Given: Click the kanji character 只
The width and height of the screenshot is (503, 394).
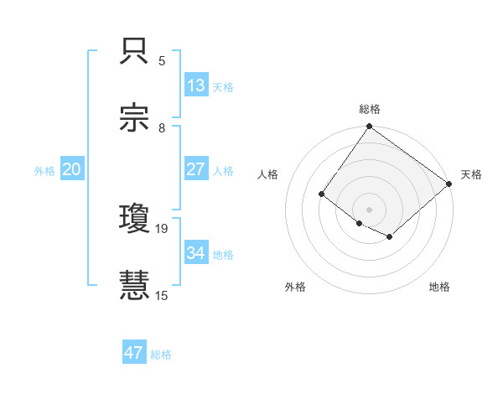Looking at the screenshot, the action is (135, 52).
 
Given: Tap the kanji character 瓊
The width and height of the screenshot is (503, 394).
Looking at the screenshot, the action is (135, 220).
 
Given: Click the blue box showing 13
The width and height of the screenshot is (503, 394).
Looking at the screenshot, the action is (196, 86).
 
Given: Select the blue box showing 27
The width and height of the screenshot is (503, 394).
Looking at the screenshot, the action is (196, 169).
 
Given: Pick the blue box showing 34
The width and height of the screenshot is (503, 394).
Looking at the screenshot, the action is (196, 253).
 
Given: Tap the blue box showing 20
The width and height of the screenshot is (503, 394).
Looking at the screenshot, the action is (71, 169).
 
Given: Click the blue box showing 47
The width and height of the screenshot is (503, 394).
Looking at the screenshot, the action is (134, 353).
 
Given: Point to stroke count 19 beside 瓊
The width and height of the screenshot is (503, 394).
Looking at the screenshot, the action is (163, 228).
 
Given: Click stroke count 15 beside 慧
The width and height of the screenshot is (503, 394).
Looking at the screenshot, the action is (163, 295).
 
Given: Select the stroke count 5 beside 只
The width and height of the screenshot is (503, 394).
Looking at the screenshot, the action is (162, 60).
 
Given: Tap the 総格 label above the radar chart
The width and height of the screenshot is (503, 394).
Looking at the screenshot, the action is (370, 109).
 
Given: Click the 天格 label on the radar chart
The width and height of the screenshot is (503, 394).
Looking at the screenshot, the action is (472, 174).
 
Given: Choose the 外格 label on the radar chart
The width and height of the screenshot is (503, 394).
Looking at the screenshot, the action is (295, 287).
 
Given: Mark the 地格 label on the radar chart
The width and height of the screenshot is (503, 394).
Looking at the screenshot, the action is (439, 287).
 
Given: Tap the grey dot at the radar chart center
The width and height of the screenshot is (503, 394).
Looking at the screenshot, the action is (369, 209).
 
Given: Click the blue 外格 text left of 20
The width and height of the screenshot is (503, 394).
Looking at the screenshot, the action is (44, 170).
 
